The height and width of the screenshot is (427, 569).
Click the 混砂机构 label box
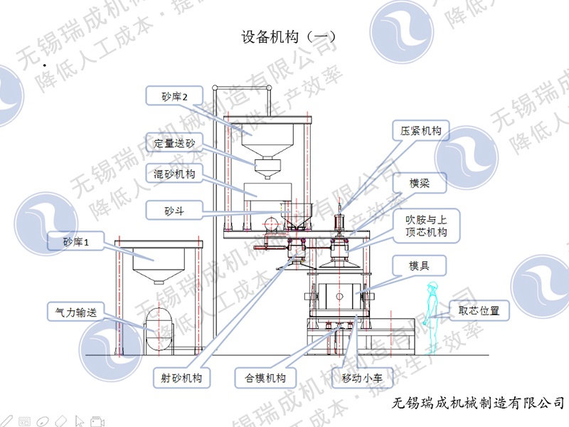click(x=174, y=174)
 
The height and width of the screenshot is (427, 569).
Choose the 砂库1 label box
click(x=78, y=243)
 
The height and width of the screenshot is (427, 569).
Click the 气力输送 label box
click(x=76, y=311)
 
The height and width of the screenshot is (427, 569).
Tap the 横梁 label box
click(x=418, y=183)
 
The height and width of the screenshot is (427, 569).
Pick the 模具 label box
click(x=418, y=268)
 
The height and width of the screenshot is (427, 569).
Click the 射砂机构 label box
click(x=182, y=378)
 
